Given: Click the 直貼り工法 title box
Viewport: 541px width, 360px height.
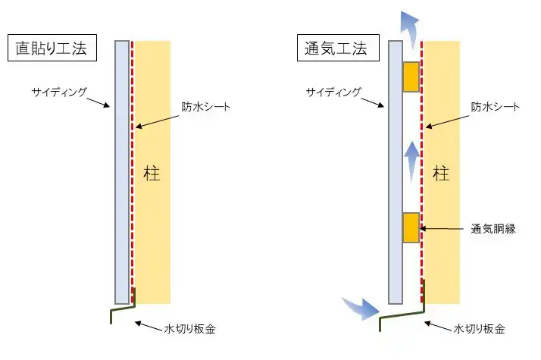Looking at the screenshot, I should point(52,49).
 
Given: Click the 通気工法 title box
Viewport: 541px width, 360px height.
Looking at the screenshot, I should point(333,49).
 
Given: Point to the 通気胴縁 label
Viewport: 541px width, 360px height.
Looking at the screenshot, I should point(493,228).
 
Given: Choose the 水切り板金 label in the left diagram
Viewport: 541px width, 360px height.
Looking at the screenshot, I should point(190,329).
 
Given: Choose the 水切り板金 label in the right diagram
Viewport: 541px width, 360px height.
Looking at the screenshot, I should point(480,329).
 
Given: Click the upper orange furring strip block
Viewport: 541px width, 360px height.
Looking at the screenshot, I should point(411,76).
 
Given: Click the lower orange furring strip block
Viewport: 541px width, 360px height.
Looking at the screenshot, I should point(411,227).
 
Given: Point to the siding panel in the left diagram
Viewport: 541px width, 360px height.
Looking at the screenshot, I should point(122,171).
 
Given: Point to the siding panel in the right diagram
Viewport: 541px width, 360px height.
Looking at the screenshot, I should point(394,171).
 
